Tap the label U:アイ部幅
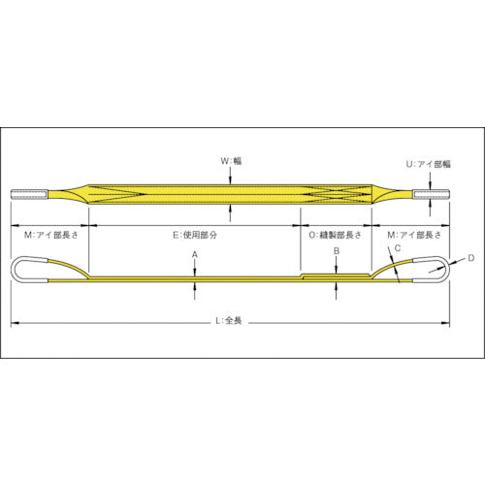[x=430, y=165]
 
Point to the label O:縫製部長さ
[x=335, y=235]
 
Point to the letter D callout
[x=470, y=257]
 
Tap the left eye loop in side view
[x=34, y=269]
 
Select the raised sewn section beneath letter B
[x=335, y=275]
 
